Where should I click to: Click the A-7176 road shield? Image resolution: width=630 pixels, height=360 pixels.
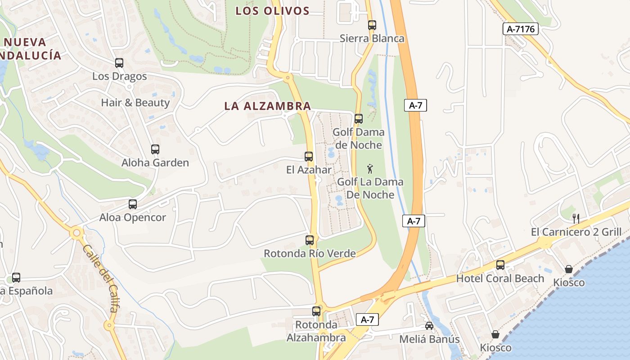coord(520,29)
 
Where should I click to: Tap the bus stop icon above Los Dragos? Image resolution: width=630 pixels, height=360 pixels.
coord(119,63)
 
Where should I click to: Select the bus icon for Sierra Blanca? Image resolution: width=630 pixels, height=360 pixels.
coord(372,25)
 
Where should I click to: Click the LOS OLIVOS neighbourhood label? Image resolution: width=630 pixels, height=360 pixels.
coord(273,11)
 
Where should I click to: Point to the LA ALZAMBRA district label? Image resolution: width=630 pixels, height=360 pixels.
coord(268,106)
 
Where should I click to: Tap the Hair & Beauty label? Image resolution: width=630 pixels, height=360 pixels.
coord(135,103)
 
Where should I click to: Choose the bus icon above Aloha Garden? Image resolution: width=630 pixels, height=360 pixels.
coord(155,149)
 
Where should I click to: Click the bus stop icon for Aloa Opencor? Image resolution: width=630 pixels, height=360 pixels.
coord(133,204)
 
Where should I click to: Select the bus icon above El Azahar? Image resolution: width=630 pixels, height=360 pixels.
coord(309,157)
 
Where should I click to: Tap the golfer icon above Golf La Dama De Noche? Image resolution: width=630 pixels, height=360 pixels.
coord(370,169)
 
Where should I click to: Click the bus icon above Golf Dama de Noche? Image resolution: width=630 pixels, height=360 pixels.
coord(359,119)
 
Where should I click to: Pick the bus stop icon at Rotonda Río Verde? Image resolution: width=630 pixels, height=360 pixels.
coord(310,240)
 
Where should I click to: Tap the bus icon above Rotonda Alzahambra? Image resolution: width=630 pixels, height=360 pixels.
coord(316,311)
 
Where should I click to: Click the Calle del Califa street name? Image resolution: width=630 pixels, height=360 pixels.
coord(101,279)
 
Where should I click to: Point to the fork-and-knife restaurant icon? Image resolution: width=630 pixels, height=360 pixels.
coord(576,219)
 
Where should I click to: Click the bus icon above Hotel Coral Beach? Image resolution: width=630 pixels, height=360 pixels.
coord(500,265)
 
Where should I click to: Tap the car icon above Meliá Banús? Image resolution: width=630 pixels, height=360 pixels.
coord(429,326)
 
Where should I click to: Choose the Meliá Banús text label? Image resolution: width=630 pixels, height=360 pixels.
coord(430,339)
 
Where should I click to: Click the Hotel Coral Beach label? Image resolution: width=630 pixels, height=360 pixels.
coord(500,279)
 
